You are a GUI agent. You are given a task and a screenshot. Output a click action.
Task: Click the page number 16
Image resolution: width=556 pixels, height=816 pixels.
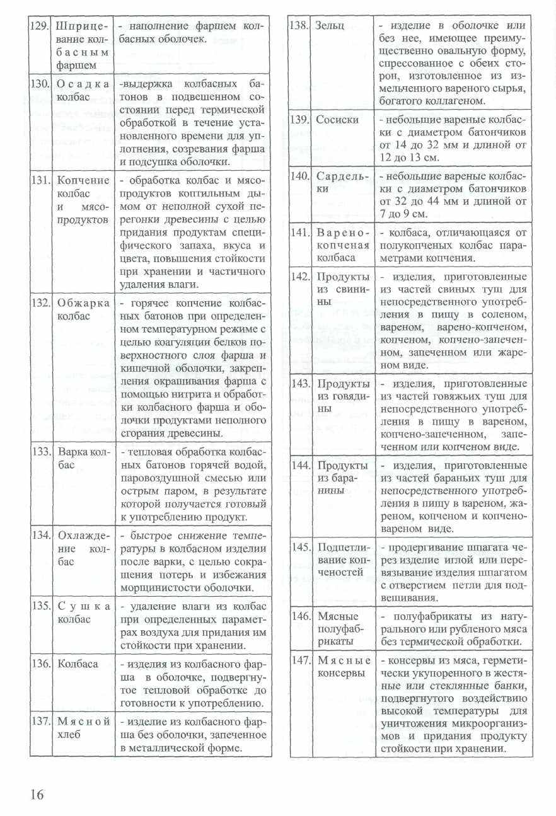[x=37, y=794]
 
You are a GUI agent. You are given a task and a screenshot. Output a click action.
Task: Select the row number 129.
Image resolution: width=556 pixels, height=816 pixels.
[x=41, y=26]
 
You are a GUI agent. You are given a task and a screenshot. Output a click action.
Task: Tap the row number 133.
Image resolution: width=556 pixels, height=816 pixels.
[x=41, y=452]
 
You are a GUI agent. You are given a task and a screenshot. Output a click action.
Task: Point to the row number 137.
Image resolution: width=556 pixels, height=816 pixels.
[x=41, y=721]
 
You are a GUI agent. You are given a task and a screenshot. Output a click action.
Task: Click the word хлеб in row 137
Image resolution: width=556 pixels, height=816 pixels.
[x=69, y=735]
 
